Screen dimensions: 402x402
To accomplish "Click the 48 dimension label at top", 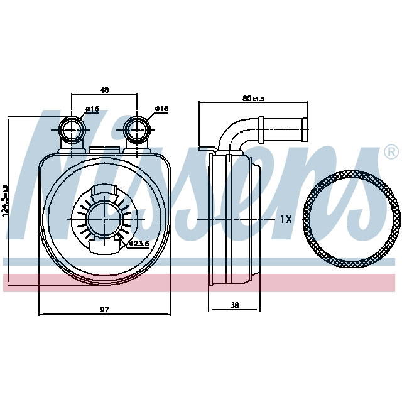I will pos(104,90).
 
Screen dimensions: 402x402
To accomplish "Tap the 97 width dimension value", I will pos(104,309).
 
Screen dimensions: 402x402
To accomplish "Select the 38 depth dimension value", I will pos(235,306).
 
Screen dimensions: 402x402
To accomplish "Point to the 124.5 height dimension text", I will pos(5,200).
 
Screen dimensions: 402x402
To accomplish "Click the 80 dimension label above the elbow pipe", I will pos(253,98).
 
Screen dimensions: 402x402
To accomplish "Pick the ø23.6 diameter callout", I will pos(138,244).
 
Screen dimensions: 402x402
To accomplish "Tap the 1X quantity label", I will pos(286,219).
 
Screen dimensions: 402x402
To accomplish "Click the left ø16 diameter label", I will pos(92,109).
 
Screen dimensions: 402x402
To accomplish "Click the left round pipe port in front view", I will pos(72,130).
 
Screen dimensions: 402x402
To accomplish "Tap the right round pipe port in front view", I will pos(137,130).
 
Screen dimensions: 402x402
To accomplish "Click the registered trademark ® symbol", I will pos(390,151).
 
